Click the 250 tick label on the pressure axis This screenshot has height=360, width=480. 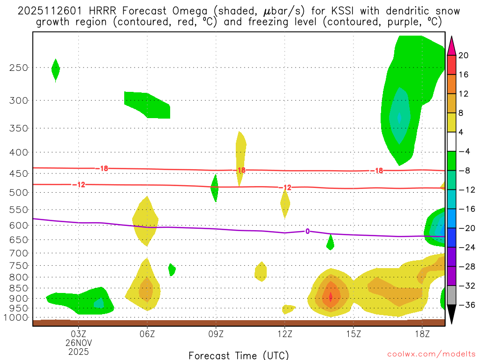(19, 67)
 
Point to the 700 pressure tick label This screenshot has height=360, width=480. (19, 253)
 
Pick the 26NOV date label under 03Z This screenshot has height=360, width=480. (78, 342)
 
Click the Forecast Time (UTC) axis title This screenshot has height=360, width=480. (239, 355)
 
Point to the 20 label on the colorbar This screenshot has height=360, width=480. (463, 56)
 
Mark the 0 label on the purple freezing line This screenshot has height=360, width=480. (307, 231)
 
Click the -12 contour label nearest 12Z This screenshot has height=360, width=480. (285, 187)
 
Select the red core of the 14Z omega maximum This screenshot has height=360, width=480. (330, 297)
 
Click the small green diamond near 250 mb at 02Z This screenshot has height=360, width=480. (55, 70)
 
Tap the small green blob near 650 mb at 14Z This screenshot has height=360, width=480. (330, 242)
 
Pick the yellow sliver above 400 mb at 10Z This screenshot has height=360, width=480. (240, 150)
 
